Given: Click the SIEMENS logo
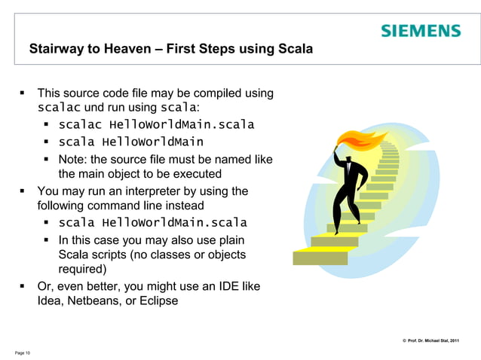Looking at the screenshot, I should [x=420, y=31].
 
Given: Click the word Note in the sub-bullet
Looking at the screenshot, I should [x=72, y=159].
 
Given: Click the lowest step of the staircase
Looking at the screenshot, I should [x=320, y=258].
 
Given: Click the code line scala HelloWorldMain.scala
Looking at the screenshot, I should [x=152, y=222].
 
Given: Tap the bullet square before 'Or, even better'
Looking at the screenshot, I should [x=22, y=286].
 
